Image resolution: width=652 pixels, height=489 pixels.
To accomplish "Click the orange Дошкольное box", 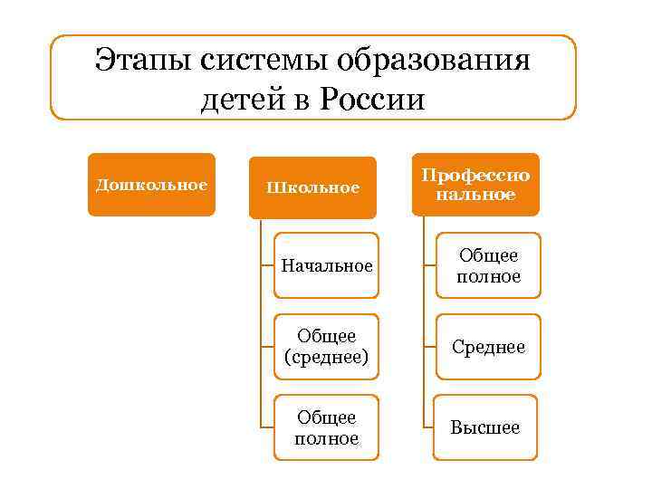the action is [x=151, y=185].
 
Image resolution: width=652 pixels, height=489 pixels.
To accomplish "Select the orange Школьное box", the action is [x=312, y=187].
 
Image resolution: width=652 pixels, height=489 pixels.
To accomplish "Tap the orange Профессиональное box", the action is [x=475, y=184].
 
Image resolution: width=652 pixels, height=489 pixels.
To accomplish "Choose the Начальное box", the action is [x=326, y=265].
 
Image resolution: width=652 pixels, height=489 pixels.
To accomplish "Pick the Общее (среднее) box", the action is [x=326, y=347].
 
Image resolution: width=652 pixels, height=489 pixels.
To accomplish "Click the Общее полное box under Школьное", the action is [x=326, y=427].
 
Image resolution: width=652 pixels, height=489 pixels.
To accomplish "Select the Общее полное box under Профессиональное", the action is [x=488, y=265].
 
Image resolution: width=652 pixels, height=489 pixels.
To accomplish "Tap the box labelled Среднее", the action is [x=488, y=347].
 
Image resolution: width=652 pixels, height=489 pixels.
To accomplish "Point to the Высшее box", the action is [x=485, y=427].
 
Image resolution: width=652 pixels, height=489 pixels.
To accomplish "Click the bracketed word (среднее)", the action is [x=326, y=357].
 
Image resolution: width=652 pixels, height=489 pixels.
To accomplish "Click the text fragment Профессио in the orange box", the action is [x=475, y=175].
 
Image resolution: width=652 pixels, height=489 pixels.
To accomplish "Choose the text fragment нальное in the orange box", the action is [x=475, y=193].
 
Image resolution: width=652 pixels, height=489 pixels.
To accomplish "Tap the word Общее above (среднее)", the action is [x=326, y=337].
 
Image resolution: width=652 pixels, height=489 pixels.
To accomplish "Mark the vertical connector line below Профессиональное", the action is [x=422, y=317].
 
